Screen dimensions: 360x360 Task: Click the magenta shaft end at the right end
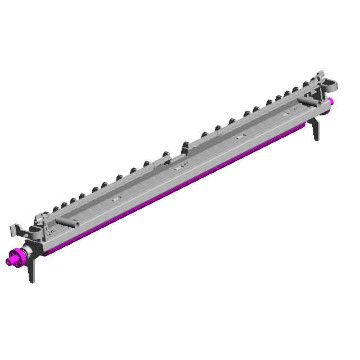[332, 101]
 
